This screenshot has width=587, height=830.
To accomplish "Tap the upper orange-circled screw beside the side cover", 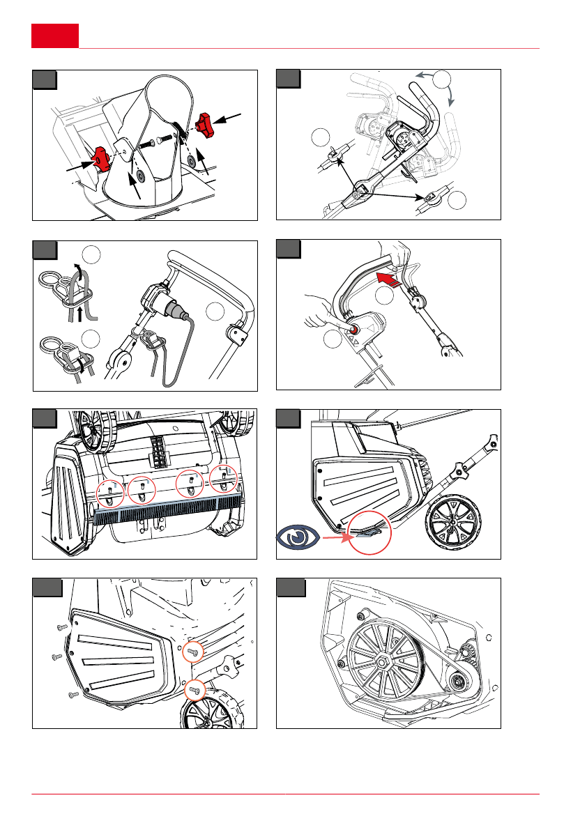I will pyautogui.click(x=193, y=653).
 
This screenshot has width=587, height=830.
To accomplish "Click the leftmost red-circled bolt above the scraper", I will pyautogui.click(x=110, y=494).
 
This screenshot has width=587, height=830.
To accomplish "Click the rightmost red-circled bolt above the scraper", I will pyautogui.click(x=224, y=479).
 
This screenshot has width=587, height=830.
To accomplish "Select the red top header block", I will pyautogui.click(x=55, y=36).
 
